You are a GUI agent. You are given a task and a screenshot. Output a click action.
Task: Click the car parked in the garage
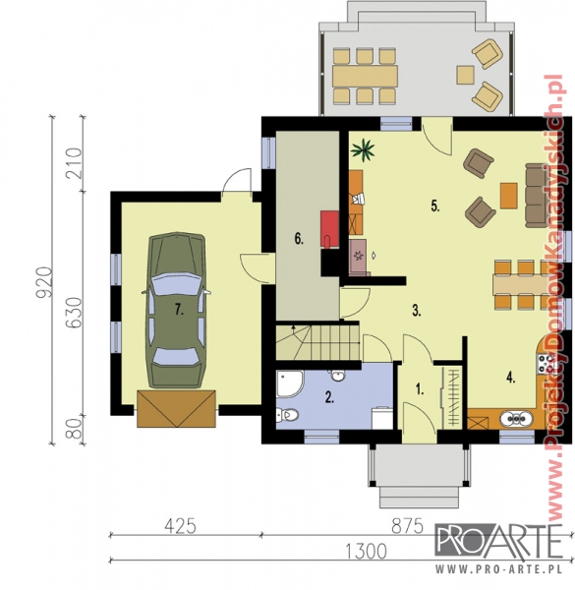click(x=176, y=310)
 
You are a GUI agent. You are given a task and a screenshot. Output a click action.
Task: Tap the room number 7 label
click(x=179, y=310)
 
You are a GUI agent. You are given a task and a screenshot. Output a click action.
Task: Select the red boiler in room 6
click(x=329, y=229)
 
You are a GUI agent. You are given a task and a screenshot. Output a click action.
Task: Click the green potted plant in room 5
click(x=363, y=149)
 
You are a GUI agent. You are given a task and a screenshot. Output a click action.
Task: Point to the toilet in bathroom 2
click(x=287, y=415)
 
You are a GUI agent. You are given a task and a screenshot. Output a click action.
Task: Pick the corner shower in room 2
click(x=289, y=383)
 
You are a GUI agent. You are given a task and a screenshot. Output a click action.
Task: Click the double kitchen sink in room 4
click(x=516, y=418)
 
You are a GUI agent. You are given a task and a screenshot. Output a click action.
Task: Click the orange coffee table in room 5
click(x=509, y=196)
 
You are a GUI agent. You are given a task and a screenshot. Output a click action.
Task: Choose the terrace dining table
click(x=365, y=76)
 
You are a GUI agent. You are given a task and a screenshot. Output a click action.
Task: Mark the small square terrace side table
click(x=465, y=75)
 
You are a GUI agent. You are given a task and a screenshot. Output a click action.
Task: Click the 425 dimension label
click(x=180, y=526)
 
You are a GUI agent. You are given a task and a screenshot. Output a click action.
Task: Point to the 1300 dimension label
click(x=366, y=552)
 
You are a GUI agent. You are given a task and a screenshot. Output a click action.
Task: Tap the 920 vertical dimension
click(x=43, y=282)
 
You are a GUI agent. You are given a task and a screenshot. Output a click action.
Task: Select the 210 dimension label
click(x=74, y=163)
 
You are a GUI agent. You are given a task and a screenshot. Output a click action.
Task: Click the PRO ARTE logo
click(x=499, y=548)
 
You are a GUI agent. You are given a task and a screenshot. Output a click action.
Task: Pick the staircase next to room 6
click(x=317, y=342)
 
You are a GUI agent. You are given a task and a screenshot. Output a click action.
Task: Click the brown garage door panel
click(x=176, y=409)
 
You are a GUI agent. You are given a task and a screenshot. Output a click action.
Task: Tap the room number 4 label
click(x=510, y=378)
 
